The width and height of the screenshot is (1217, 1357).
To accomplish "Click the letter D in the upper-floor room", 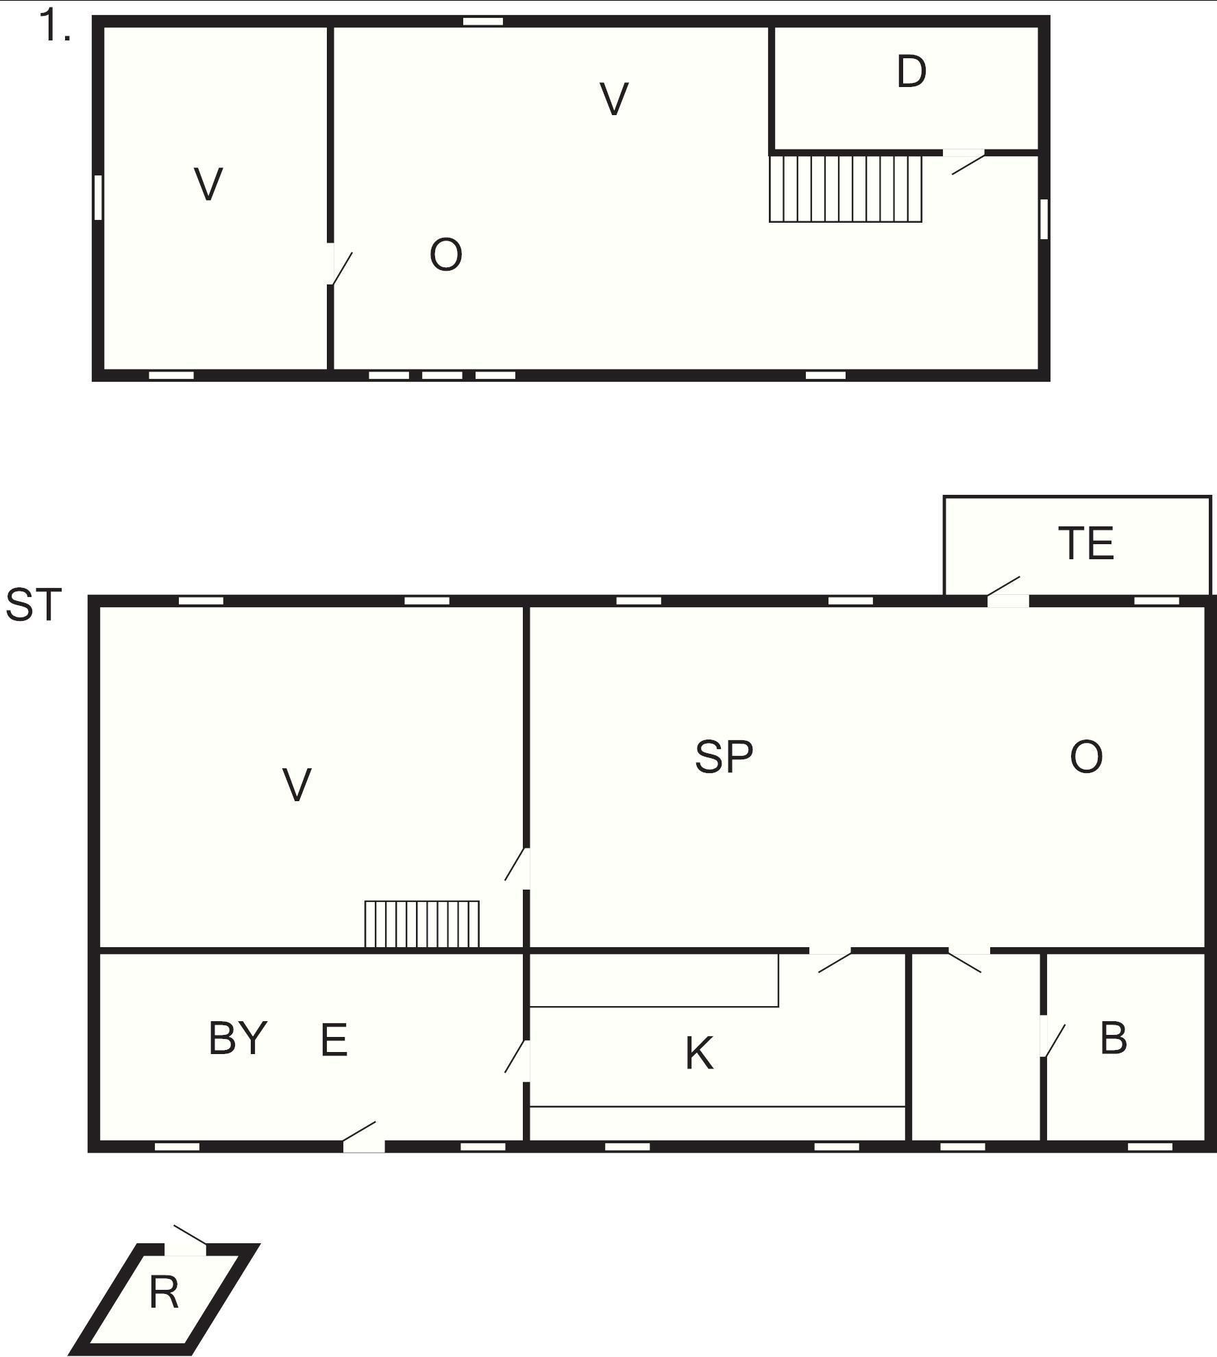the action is [x=911, y=71].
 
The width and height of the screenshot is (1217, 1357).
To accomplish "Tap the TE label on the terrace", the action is [x=1086, y=543].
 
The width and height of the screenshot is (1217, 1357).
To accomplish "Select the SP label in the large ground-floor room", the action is [x=724, y=757].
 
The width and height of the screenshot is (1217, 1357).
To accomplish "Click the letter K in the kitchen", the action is [x=700, y=1053].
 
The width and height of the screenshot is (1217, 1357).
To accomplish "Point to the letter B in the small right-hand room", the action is [x=1114, y=1038].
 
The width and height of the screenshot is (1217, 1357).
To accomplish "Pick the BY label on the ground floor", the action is [x=237, y=1038].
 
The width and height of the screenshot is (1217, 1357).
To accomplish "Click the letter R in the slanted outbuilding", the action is [x=164, y=1293].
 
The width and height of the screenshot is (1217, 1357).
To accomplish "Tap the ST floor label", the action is [x=34, y=604].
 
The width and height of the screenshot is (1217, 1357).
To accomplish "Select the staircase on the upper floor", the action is [x=846, y=188].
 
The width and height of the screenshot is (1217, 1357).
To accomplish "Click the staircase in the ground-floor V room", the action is [x=421, y=924].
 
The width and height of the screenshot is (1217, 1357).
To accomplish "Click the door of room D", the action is [x=965, y=161].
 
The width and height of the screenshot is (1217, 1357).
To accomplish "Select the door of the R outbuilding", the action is [x=186, y=1240].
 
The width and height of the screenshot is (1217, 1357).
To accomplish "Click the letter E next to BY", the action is [x=334, y=1040].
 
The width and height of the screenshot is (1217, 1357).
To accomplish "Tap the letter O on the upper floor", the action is [x=445, y=255].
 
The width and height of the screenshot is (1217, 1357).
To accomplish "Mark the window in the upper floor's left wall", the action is [x=98, y=197].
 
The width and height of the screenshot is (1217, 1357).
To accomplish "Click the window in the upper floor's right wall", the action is [x=1044, y=219].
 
